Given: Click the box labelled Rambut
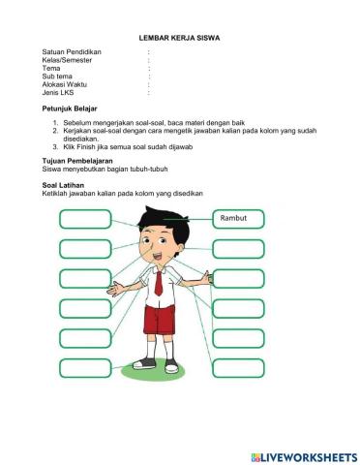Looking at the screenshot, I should [x=238, y=218].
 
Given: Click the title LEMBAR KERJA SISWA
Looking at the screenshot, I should [x=180, y=38].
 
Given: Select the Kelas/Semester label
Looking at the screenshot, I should [x=70, y=60].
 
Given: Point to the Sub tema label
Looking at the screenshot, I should [x=57, y=77].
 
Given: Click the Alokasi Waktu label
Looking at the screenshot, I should [x=66, y=85].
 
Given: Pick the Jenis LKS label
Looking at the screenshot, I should [x=60, y=94].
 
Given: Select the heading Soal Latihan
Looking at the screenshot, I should [x=66, y=182].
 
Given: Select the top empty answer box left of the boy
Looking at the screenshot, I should [x=84, y=219].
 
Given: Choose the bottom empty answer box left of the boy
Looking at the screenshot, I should [x=84, y=367].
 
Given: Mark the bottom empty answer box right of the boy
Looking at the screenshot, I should [x=238, y=367].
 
